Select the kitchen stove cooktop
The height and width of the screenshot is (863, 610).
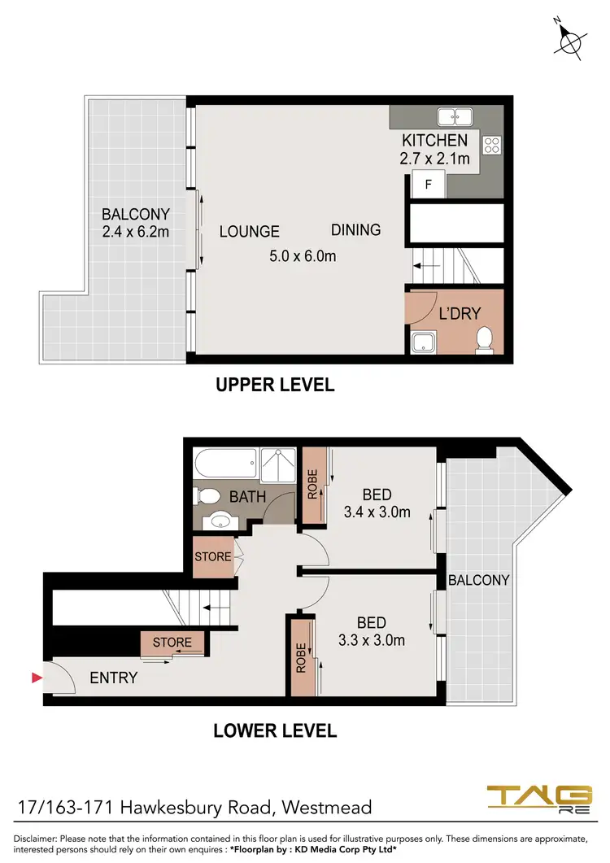(492, 145)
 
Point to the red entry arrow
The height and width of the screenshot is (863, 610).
(35, 678)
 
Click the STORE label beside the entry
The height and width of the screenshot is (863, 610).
(172, 643)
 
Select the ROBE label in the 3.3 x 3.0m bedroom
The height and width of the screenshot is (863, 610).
(300, 655)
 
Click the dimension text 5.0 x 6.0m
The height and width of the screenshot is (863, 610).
(303, 256)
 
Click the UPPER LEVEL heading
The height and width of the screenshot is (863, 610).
(275, 385)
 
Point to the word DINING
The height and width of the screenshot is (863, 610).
(355, 229)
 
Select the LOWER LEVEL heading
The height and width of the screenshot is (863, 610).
(275, 730)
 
